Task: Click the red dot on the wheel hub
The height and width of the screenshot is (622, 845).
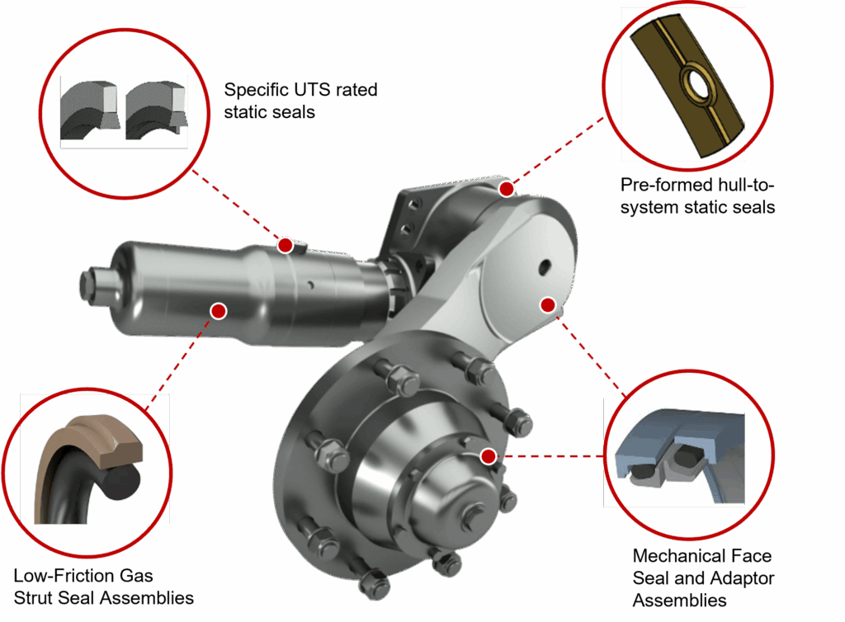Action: pos(489,456)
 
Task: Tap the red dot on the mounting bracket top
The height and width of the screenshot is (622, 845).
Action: pos(507,189)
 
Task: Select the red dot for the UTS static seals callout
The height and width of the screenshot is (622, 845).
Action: pos(285,246)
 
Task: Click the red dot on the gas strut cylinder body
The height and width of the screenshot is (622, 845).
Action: pos(218,311)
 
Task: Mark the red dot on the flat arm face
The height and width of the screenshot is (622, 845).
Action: pos(548,305)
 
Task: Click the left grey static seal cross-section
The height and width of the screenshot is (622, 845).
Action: pos(89,111)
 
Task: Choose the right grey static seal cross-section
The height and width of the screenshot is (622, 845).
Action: pos(156,111)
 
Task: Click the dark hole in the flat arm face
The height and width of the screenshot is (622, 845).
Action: pos(545,266)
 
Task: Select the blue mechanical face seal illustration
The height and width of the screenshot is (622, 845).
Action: pos(680,455)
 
